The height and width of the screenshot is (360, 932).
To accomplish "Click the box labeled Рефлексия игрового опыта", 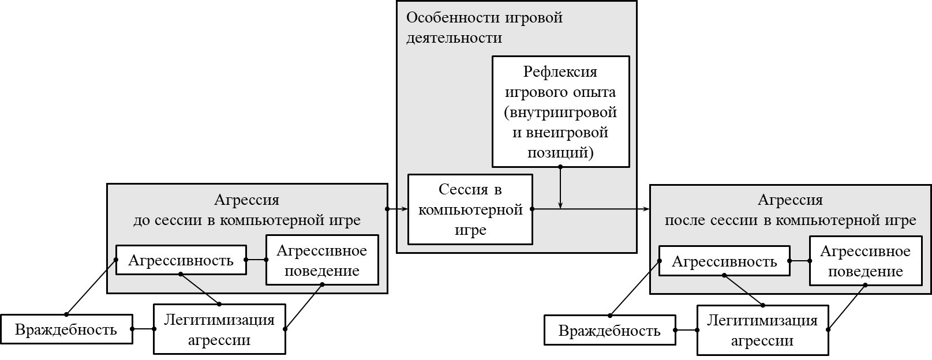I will pyautogui.click(x=560, y=111).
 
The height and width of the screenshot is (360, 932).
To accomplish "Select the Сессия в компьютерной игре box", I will pyautogui.click(x=470, y=209).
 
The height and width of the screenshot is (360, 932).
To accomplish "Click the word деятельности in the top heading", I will pyautogui.click(x=454, y=38).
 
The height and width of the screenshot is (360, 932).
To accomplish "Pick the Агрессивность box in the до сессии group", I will pyautogui.click(x=181, y=260).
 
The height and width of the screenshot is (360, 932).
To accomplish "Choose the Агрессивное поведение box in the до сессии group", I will pyautogui.click(x=322, y=260).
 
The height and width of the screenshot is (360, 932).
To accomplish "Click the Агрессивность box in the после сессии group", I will pyautogui.click(x=724, y=262).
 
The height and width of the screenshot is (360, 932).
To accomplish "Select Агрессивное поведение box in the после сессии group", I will pyautogui.click(x=865, y=261).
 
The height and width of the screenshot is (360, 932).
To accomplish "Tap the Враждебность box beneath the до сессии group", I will pyautogui.click(x=66, y=329).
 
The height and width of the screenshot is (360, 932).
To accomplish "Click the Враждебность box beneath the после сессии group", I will pyautogui.click(x=609, y=331).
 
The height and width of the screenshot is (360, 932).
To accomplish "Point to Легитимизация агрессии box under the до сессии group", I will pyautogui.click(x=219, y=329).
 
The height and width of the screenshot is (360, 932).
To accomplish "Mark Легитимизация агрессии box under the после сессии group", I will pyautogui.click(x=762, y=330).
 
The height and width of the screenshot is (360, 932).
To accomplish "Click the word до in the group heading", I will pyautogui.click(x=141, y=220).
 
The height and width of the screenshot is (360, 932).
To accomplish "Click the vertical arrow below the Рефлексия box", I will pyautogui.click(x=560, y=187).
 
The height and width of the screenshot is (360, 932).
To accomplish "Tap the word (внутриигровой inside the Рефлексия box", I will pyautogui.click(x=560, y=112).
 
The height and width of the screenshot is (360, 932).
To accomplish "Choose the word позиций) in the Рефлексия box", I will pyautogui.click(x=560, y=153).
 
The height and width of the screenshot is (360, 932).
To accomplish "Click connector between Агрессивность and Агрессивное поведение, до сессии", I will pyautogui.click(x=256, y=260).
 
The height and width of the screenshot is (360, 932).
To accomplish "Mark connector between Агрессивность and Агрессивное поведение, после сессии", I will pyautogui.click(x=799, y=261).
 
